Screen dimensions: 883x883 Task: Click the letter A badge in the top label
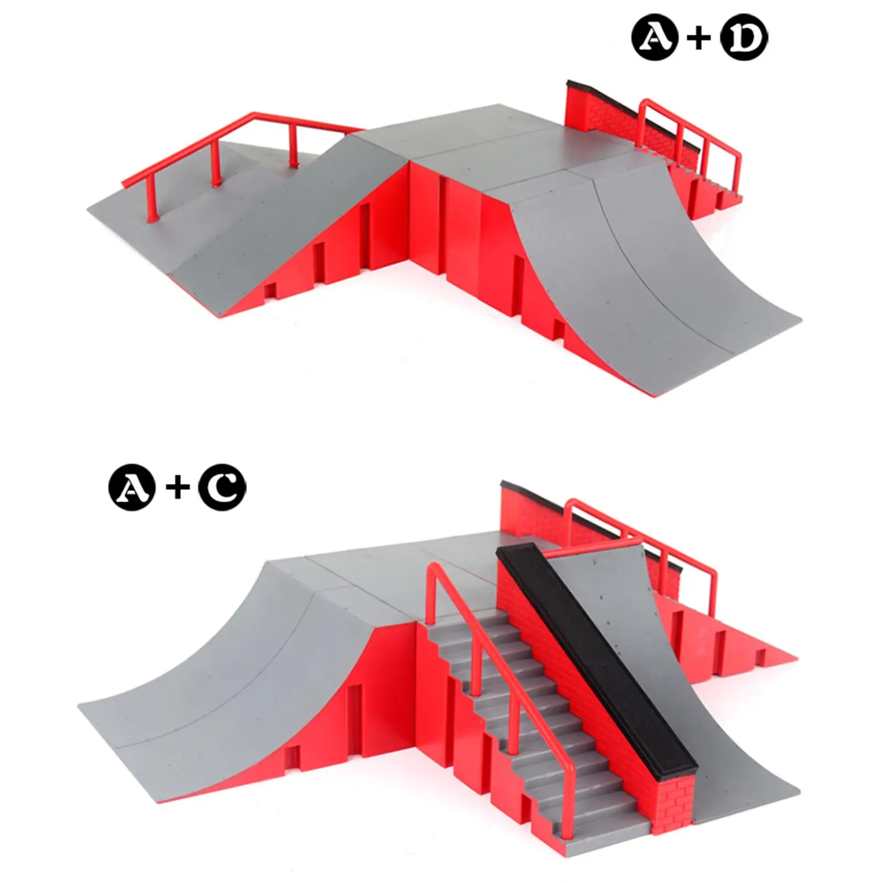point(655,38)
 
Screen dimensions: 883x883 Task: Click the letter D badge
point(744,38)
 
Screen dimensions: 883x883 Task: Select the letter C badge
point(222,487)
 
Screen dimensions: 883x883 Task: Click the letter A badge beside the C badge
point(132,487)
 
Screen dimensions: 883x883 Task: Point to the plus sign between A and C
point(177,488)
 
